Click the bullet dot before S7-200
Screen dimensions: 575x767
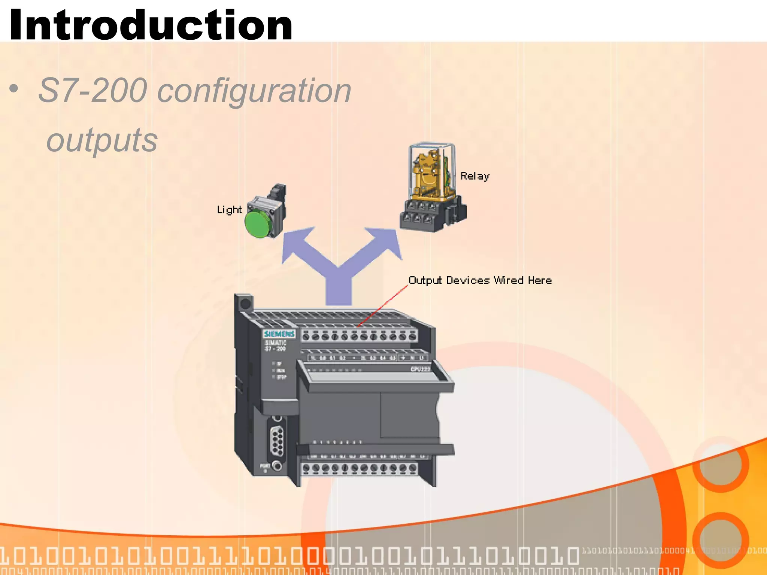(x=14, y=89)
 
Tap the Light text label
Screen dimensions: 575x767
(x=229, y=210)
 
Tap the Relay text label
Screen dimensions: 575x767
(x=475, y=176)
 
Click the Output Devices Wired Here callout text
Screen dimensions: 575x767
(x=480, y=280)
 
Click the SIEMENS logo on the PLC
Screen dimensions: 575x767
(x=279, y=334)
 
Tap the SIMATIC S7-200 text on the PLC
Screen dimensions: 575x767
(x=276, y=346)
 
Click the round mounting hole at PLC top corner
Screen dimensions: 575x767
(x=245, y=304)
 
